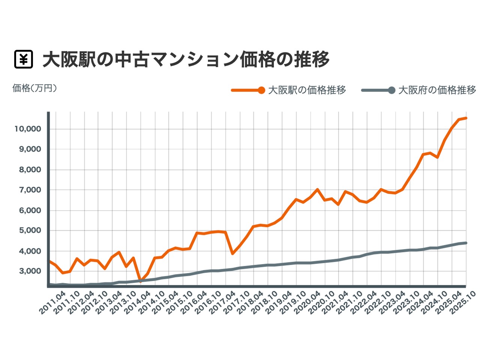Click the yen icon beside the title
pyautogui.click(x=24, y=59)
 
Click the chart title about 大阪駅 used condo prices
pyautogui.click(x=186, y=59)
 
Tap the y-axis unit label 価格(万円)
pyautogui.click(x=34, y=88)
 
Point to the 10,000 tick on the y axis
pyautogui.click(x=27, y=129)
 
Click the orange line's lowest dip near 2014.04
pyautogui.click(x=141, y=280)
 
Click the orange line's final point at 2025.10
pyautogui.click(x=466, y=118)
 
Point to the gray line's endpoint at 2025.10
pyautogui.click(x=466, y=243)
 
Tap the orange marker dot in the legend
pyautogui.click(x=261, y=90)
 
